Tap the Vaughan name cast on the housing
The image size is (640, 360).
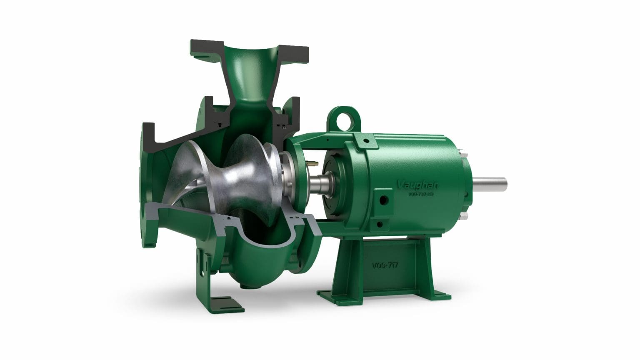(414, 184)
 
